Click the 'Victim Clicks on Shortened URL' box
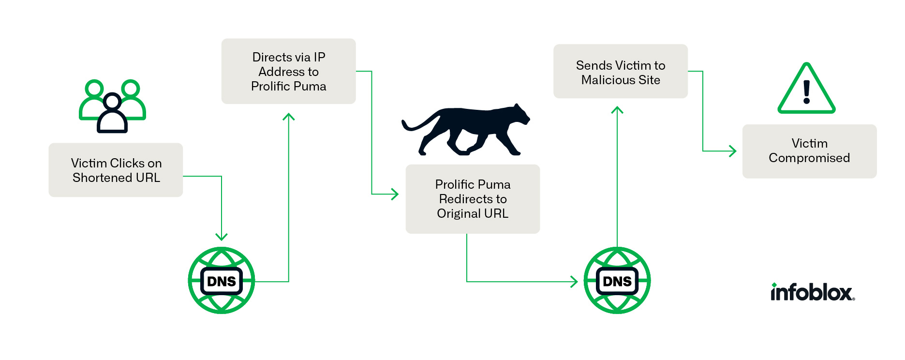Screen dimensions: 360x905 point(116,170)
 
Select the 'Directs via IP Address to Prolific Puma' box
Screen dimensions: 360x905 point(288,71)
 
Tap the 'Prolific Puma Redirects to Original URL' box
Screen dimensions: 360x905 point(473,199)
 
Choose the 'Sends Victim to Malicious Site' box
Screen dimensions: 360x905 point(620,72)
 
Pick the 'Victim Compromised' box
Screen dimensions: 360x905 point(809,151)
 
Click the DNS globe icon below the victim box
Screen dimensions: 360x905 point(222,281)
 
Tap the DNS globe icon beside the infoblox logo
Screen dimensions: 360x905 point(617,281)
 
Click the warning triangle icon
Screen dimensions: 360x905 point(806,89)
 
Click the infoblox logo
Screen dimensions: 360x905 point(813,292)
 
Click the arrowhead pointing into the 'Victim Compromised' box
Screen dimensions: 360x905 point(733,151)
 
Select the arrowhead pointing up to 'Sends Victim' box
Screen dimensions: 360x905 point(617,110)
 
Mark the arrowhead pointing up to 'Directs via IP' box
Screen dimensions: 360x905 point(289,117)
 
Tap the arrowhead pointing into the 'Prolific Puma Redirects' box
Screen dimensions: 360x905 point(395,194)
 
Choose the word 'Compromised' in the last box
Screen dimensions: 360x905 point(809,158)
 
